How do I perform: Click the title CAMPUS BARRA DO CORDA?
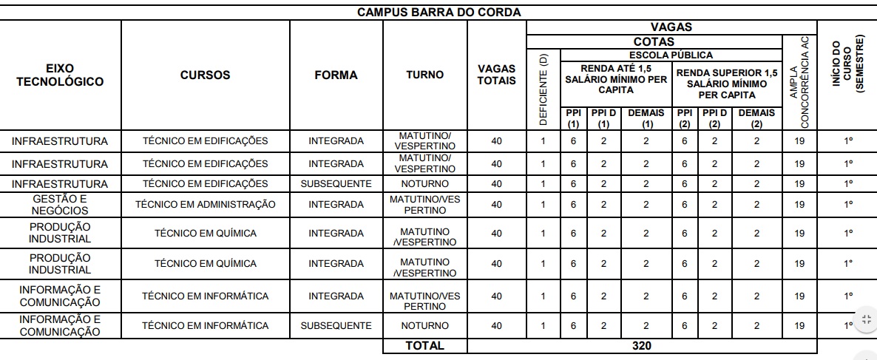438,13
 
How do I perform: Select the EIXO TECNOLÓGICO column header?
60,75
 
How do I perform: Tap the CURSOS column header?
205,75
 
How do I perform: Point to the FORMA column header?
336,75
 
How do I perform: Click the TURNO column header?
424,75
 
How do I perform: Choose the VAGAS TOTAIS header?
496,75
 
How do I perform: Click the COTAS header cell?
654,42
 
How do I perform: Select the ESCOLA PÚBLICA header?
671,55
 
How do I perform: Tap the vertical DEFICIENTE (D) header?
544,89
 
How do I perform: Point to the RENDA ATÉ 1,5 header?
616,78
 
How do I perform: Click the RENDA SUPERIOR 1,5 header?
728,83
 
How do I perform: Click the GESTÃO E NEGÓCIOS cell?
60,204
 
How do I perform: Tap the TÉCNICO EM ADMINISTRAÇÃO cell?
205,204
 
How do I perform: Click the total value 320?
642,345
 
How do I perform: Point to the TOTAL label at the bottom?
424,345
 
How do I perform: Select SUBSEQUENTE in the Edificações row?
336,183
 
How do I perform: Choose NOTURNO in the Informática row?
424,325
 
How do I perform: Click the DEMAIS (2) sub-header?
756,118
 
